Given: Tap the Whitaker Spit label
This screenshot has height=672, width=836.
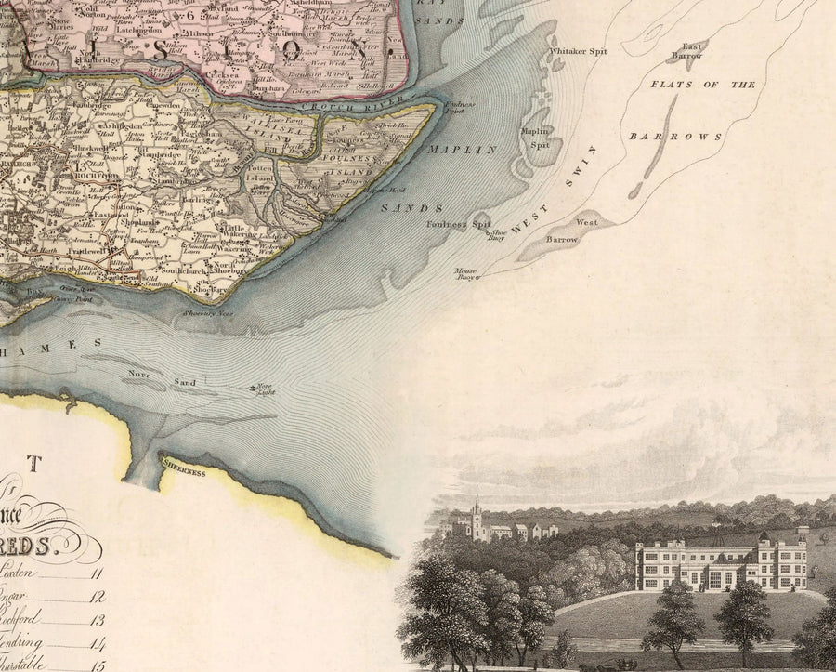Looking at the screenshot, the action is pos(579,50).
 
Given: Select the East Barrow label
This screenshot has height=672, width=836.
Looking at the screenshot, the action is pos(692,50).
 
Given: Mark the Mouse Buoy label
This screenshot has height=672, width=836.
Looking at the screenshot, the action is pos(465,274).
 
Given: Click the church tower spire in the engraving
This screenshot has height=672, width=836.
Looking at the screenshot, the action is pos(476,507).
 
